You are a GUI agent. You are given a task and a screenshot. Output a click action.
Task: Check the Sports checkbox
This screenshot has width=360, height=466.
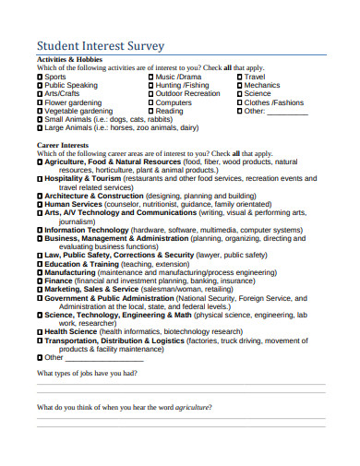[x=40, y=77]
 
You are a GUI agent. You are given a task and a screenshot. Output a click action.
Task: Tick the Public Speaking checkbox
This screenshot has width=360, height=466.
[x=40, y=85]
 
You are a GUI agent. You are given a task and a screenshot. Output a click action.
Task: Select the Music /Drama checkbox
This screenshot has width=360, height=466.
[x=151, y=77]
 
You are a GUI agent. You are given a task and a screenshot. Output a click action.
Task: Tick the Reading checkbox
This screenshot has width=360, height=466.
[x=151, y=111]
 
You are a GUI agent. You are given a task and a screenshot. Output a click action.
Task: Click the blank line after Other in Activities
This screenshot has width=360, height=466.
[x=287, y=112]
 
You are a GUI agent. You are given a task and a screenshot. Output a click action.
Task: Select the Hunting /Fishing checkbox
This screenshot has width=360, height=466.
[x=151, y=85]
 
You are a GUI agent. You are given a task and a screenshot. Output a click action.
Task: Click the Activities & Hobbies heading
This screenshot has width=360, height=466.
[x=69, y=59]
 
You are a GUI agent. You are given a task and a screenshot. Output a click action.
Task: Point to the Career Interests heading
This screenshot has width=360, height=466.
[x=63, y=145]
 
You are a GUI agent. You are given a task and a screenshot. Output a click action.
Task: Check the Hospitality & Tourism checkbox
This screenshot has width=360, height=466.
[x=40, y=178]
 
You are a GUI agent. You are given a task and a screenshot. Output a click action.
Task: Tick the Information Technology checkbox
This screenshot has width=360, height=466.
[x=40, y=230]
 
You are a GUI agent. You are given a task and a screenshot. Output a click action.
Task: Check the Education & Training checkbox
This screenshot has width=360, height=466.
[x=40, y=264]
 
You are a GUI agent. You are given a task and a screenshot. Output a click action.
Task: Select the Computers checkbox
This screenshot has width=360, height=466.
[x=151, y=102]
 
